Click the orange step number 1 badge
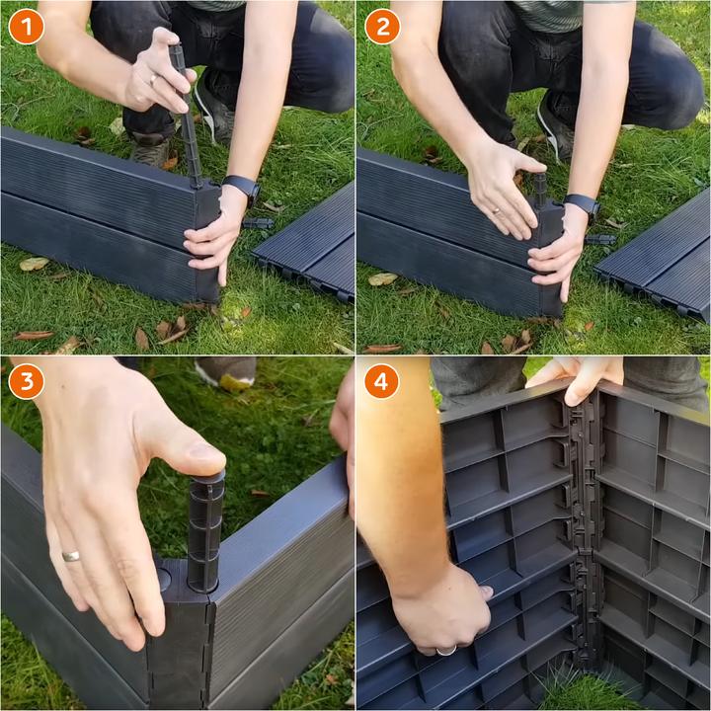(27, 27)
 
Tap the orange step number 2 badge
(382, 27)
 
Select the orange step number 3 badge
(27, 381)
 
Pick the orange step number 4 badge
(381, 381)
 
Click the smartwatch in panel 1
(243, 188)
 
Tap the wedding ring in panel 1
(154, 81)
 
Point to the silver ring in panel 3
(71, 556)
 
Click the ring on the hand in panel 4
(446, 652)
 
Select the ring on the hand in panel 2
(497, 211)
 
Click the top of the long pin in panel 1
(176, 47)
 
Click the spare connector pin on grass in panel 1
(258, 223)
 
